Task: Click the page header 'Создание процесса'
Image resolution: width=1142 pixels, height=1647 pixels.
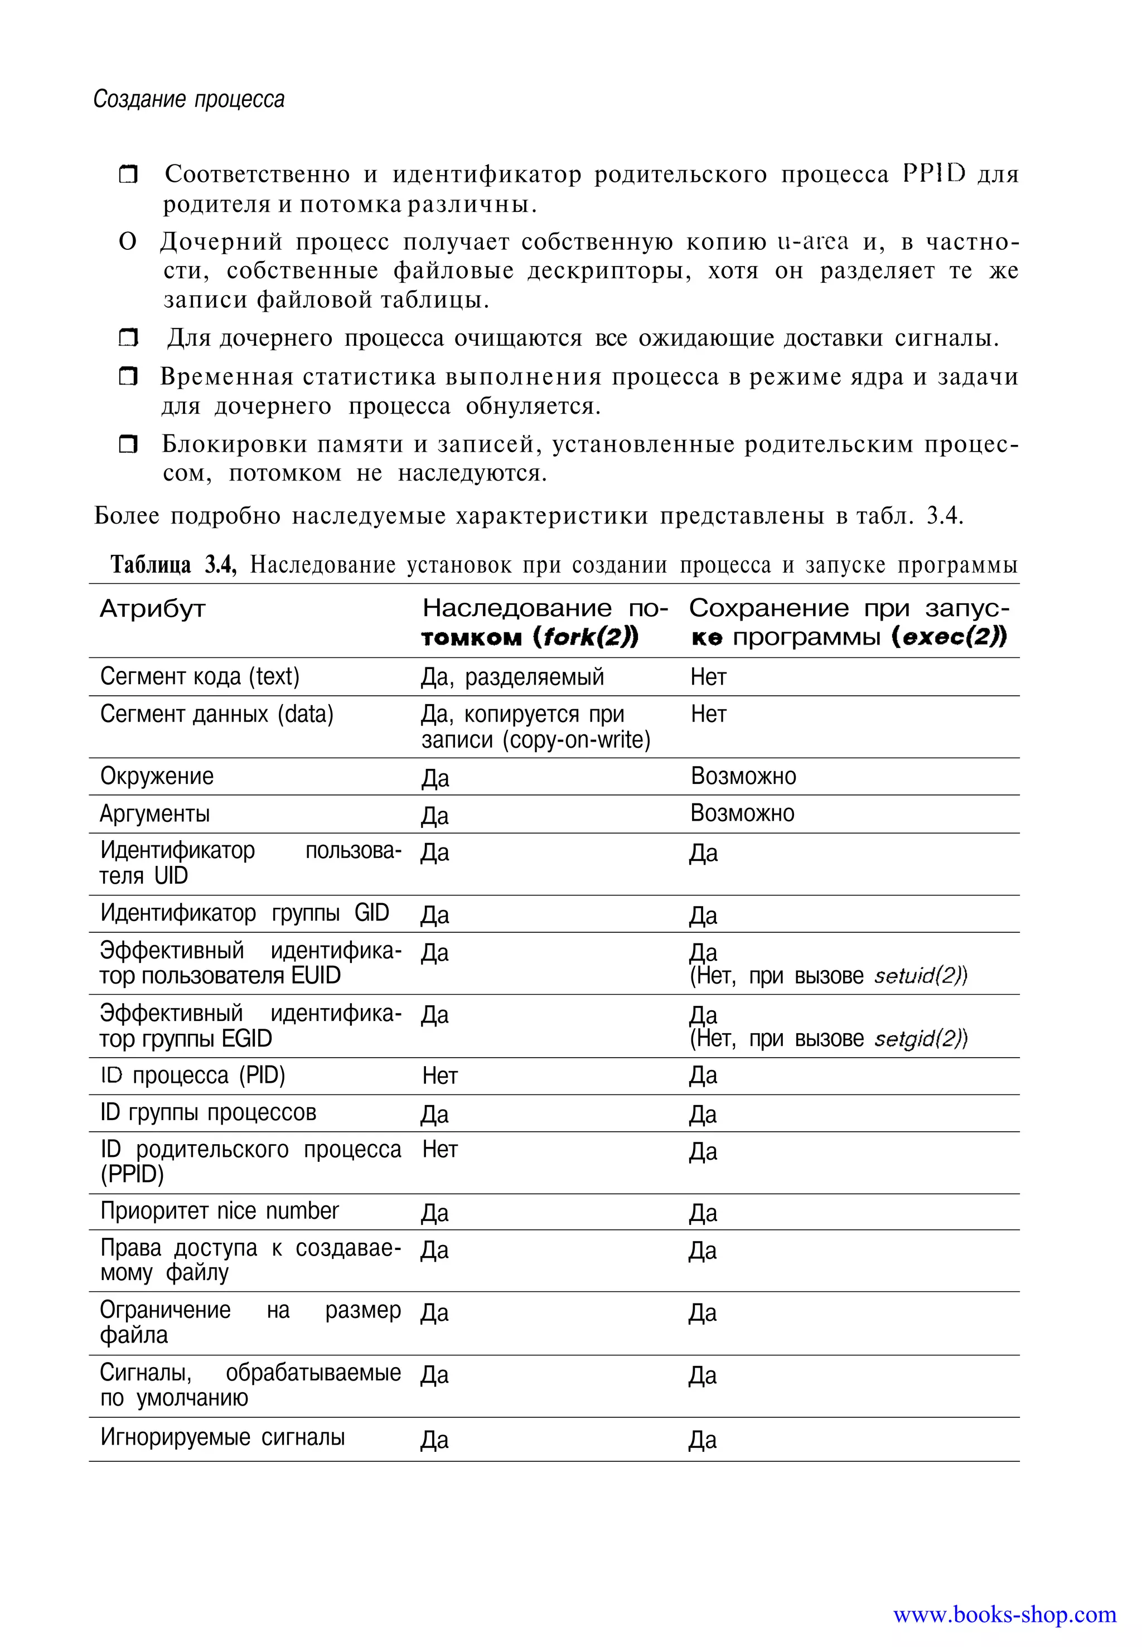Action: coord(189,99)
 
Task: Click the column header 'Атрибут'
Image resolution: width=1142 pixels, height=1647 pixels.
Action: coord(152,609)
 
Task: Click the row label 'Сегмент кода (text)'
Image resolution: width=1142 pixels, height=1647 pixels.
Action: coord(200,676)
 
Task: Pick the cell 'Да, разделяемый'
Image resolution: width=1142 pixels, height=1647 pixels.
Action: coord(512,677)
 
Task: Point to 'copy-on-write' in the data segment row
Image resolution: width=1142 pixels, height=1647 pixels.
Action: coord(576,740)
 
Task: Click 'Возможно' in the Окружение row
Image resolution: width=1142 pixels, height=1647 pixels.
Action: coord(743,776)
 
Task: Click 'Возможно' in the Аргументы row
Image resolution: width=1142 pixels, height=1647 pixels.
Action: coord(742,813)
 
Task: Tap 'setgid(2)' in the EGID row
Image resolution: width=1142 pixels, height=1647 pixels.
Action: coord(920,1039)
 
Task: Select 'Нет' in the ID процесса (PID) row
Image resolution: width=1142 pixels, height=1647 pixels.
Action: coord(439,1076)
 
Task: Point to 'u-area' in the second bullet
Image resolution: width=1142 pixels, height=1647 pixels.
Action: coord(813,242)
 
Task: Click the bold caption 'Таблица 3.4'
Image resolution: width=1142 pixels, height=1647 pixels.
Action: coord(172,565)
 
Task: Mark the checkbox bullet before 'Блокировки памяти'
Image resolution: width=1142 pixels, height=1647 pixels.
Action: coord(128,445)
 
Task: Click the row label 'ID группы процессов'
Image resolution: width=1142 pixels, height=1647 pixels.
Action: coord(207,1112)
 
